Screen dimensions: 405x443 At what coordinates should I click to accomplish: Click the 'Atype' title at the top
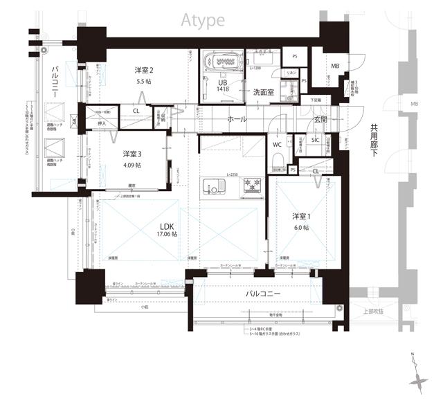tap(202, 20)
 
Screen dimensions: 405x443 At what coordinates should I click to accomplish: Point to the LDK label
tap(166, 226)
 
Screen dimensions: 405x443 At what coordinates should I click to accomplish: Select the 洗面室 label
tap(263, 91)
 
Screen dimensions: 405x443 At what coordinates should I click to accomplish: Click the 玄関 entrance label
tap(320, 119)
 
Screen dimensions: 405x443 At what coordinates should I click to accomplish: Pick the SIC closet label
tap(316, 140)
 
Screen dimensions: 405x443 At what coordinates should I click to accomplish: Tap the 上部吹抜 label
tap(372, 312)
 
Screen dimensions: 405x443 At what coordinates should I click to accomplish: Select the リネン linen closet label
tap(291, 73)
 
